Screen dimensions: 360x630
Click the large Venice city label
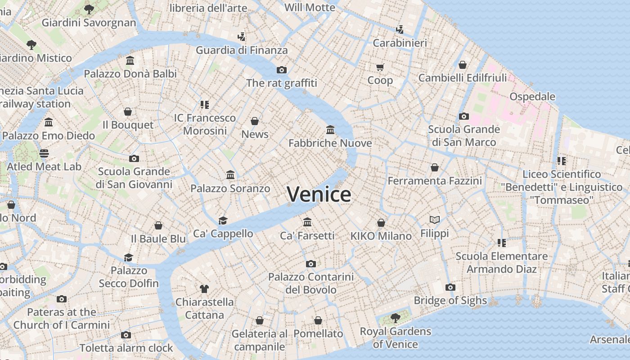click(319, 194)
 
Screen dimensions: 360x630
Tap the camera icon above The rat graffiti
click(282, 70)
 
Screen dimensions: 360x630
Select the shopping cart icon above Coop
click(380, 67)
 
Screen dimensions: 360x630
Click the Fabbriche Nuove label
click(330, 143)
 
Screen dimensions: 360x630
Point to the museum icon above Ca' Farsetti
click(307, 222)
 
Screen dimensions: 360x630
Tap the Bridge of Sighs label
click(450, 301)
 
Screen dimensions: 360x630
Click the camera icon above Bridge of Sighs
click(450, 288)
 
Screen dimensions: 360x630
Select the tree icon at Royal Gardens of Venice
click(396, 318)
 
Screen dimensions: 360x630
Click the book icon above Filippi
click(434, 220)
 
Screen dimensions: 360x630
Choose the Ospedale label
click(532, 97)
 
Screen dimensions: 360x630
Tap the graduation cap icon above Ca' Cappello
click(223, 220)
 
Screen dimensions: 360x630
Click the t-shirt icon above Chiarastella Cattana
click(204, 288)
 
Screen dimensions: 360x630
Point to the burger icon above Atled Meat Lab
click(44, 153)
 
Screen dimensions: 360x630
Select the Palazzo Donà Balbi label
click(130, 73)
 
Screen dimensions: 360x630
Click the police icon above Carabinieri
click(400, 30)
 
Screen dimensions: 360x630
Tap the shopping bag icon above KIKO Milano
click(381, 223)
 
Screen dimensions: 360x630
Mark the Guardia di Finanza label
click(242, 50)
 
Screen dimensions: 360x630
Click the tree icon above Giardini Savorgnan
click(89, 9)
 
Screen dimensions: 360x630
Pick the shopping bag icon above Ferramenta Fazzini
click(435, 167)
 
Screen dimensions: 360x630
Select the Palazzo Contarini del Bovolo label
click(311, 283)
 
